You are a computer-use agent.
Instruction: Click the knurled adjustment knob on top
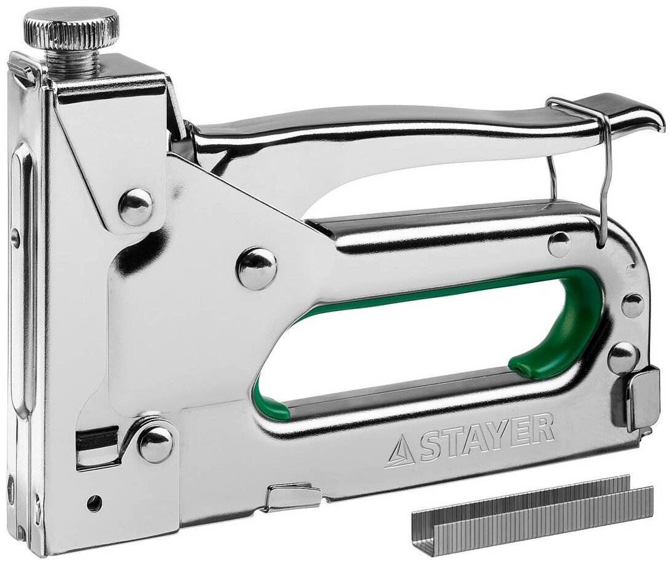coord(71,29)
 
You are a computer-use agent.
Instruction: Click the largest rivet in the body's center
coord(257,268)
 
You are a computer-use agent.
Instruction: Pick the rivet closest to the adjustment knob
coord(136,206)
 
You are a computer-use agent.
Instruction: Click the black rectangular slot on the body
coord(97,439)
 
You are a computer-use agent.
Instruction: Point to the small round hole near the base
coord(93,503)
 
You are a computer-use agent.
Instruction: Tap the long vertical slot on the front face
coord(21,276)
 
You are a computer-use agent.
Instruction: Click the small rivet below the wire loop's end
coord(559,244)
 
